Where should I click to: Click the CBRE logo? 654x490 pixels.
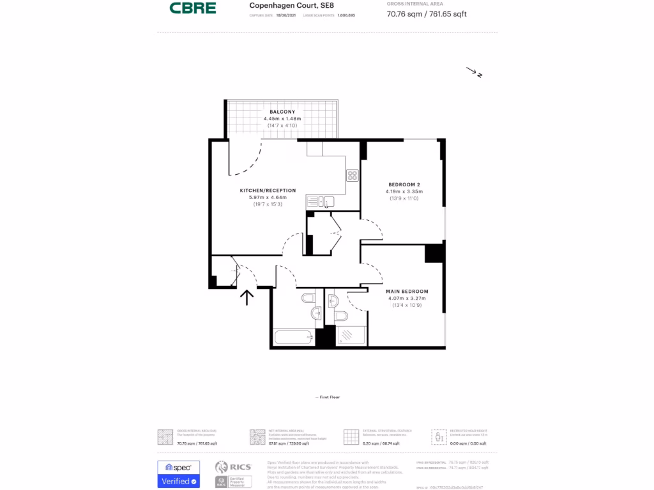192,8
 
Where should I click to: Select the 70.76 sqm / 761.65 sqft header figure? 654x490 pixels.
427,13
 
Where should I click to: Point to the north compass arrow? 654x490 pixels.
475,73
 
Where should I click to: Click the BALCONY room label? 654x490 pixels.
282,112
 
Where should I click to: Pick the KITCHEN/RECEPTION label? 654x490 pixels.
268,190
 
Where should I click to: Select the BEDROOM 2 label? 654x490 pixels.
404,184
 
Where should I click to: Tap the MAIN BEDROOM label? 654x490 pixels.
407,292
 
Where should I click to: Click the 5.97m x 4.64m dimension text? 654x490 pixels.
268,198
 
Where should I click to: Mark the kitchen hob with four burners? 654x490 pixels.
353,175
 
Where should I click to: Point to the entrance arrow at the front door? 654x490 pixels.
247,296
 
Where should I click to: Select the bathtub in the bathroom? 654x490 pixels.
293,337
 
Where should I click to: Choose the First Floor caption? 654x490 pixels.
328,397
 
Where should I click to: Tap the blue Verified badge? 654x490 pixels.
179,480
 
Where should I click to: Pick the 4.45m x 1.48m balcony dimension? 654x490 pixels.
282,119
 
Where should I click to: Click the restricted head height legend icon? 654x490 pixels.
439,436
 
